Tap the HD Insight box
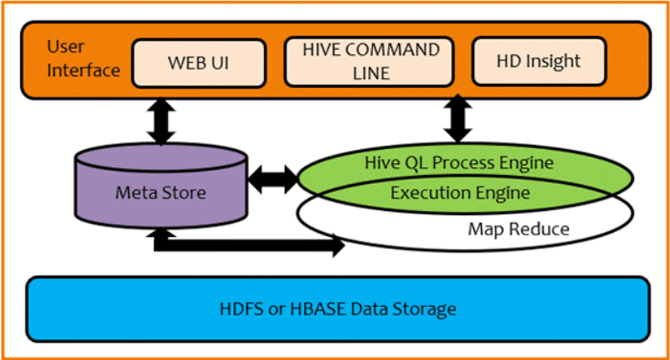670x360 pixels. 538,62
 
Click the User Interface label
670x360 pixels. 72,58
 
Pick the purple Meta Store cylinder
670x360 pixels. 160,192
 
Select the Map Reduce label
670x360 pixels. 518,229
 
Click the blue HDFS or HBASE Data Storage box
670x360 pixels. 337,309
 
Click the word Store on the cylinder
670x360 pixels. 185,192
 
